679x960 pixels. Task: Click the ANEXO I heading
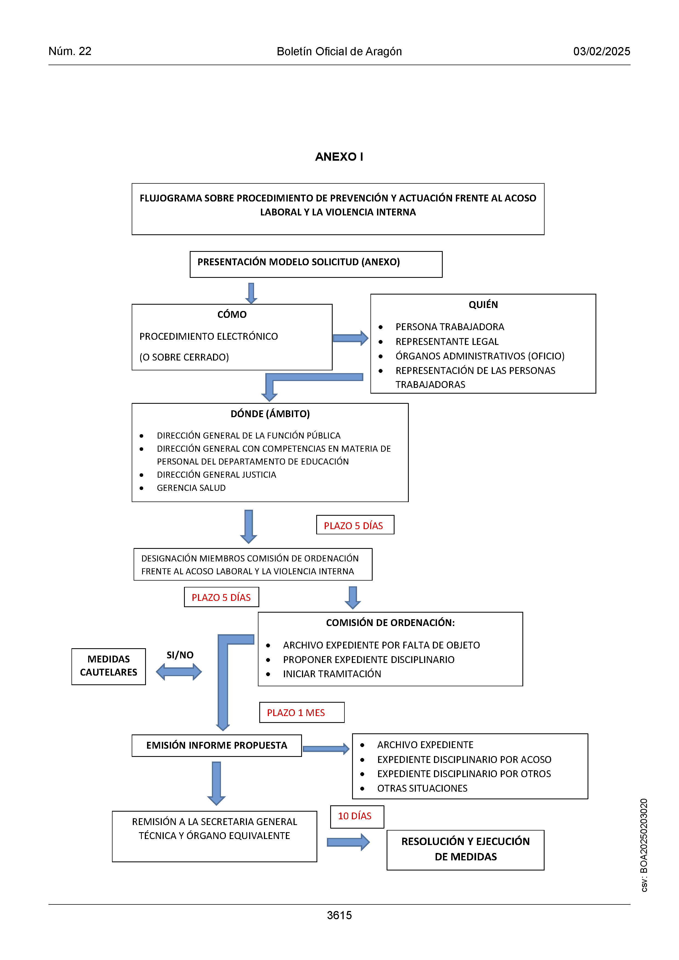click(x=339, y=157)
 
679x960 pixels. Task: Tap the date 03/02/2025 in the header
click(x=602, y=51)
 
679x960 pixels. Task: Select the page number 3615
click(x=339, y=915)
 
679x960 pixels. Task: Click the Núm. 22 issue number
click(x=70, y=51)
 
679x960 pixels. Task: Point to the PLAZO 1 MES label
click(x=296, y=713)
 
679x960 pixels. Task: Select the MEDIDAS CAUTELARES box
click(x=109, y=667)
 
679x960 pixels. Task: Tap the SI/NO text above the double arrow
click(x=180, y=655)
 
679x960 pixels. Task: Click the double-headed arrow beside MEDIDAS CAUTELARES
click(x=179, y=672)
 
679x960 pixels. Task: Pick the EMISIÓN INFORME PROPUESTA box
click(x=217, y=745)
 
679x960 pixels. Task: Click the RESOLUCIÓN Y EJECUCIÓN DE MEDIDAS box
click(x=465, y=850)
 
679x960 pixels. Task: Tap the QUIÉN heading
click(x=483, y=305)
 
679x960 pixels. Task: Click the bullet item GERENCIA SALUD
click(x=191, y=488)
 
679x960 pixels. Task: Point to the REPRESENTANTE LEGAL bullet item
click(x=447, y=342)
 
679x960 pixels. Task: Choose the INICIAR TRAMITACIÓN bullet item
click(x=332, y=674)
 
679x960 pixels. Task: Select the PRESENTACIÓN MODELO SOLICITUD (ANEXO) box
click(x=316, y=264)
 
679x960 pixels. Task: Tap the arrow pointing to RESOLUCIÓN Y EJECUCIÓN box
click(x=348, y=842)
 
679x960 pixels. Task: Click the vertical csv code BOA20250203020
click(x=644, y=845)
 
